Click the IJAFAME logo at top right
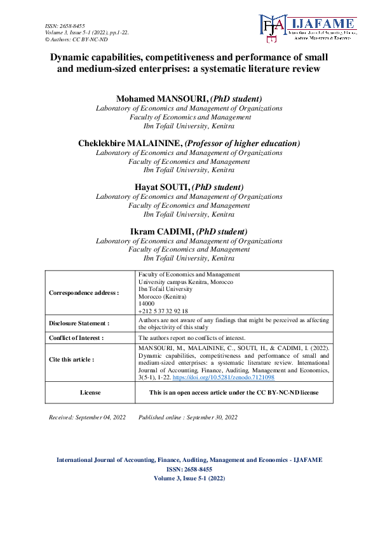[307, 29]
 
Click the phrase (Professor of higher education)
[242, 143]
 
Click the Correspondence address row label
[83, 293]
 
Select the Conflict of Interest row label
[76, 338]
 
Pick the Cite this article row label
[71, 359]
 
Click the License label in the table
[90, 393]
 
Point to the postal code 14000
[146, 304]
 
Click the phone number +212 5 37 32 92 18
[163, 311]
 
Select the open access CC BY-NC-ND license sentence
[233, 393]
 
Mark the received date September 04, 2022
[103, 417]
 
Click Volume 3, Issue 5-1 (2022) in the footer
[189, 478]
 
